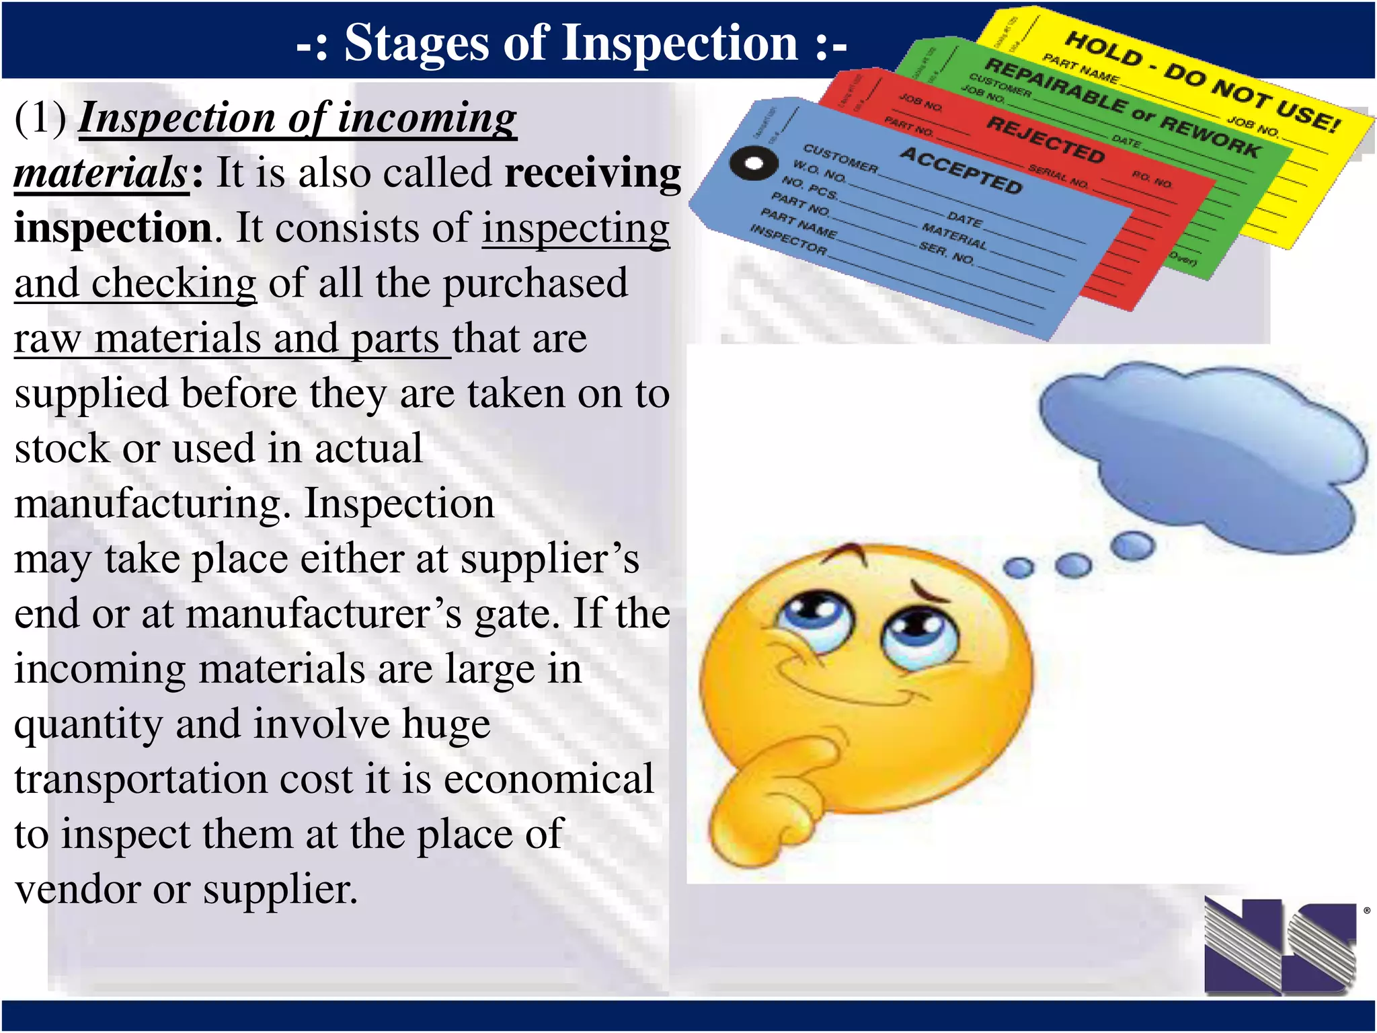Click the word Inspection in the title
680,43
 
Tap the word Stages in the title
417,43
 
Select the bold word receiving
592,173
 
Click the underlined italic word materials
101,173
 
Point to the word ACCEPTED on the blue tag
961,170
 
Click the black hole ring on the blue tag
754,163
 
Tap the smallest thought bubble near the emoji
1019,568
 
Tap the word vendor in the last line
77,890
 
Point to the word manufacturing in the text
152,504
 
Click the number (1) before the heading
40,118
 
